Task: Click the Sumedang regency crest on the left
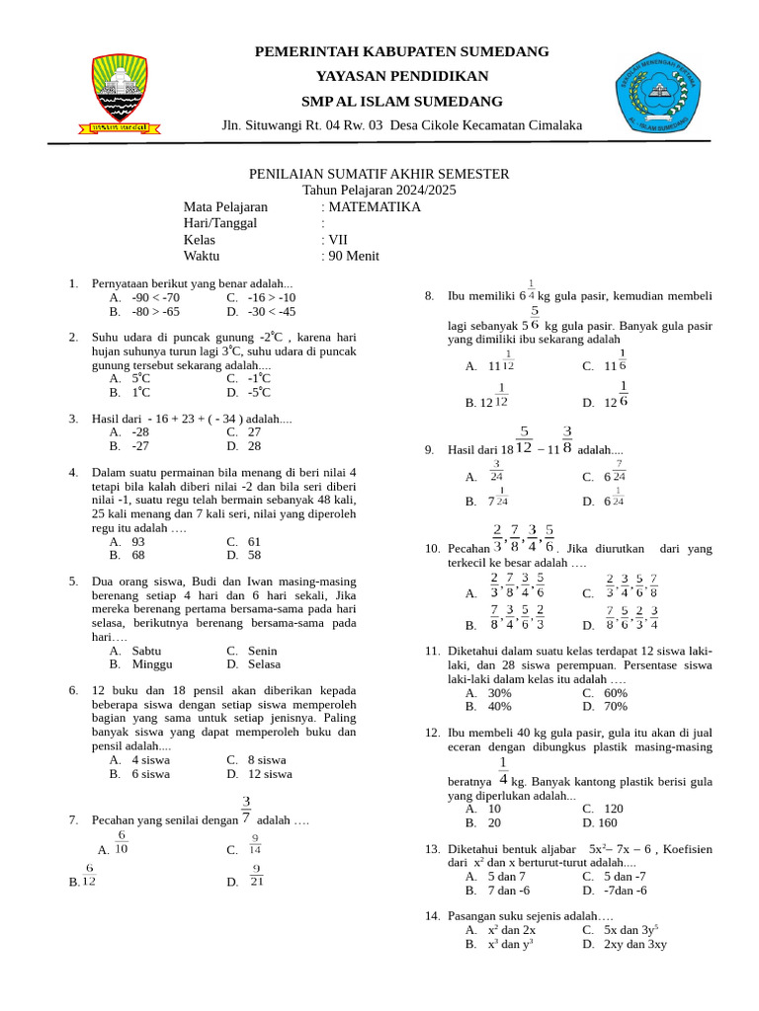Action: pyautogui.click(x=120, y=91)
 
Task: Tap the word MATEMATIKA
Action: pyautogui.click(x=375, y=207)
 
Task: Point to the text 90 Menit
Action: pyautogui.click(x=354, y=256)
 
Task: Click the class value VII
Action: pyautogui.click(x=338, y=240)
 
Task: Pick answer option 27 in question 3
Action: pyautogui.click(x=254, y=432)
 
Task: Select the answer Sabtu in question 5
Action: pyautogui.click(x=148, y=652)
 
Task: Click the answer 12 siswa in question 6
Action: pyautogui.click(x=271, y=775)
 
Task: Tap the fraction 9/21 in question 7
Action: pyautogui.click(x=257, y=876)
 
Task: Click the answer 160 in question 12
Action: pyautogui.click(x=607, y=822)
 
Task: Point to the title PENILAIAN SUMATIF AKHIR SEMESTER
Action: pyautogui.click(x=379, y=175)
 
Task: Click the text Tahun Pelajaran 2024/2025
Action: pyautogui.click(x=379, y=191)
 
